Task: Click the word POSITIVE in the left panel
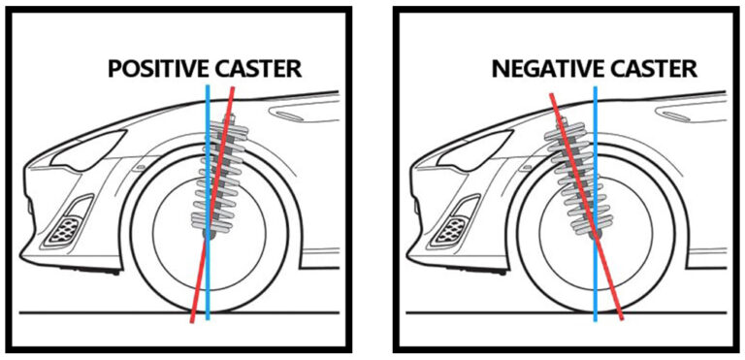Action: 158,69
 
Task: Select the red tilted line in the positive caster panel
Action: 212,205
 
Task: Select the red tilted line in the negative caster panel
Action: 586,206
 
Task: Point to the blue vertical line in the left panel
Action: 208,203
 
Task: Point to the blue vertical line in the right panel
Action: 595,204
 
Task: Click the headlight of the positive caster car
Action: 89,150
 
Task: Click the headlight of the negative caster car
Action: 475,150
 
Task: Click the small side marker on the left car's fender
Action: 140,168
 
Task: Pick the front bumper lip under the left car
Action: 90,271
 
